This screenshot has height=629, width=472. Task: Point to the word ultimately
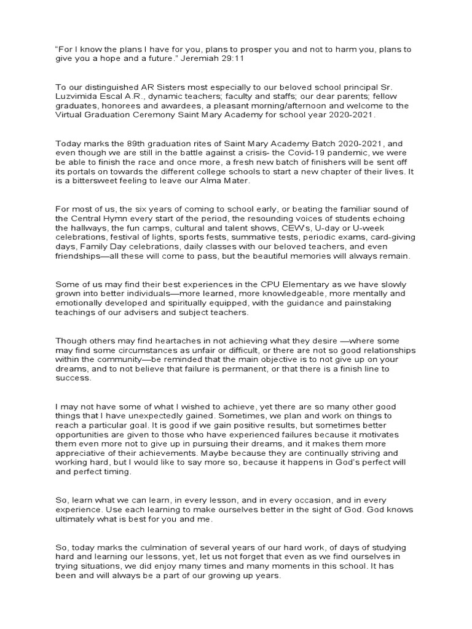coord(77,519)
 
